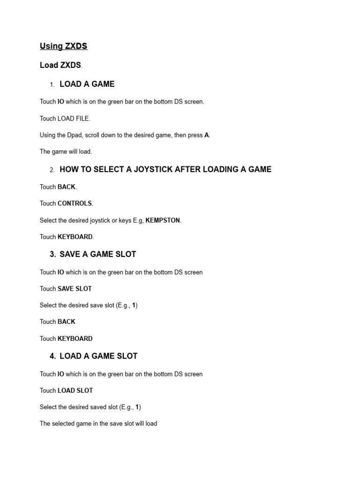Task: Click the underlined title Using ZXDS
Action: (63, 46)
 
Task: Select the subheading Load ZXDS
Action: (60, 65)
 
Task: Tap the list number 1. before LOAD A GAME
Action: (52, 85)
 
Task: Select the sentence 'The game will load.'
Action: (66, 152)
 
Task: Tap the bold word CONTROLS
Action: (75, 203)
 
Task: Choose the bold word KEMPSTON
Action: (163, 220)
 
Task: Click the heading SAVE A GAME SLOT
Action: (97, 255)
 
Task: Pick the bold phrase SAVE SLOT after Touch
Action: (75, 289)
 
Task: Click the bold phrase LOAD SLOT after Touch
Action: (75, 390)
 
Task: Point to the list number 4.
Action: (52, 356)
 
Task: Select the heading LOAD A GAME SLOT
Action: (98, 356)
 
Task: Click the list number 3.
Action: (52, 255)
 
